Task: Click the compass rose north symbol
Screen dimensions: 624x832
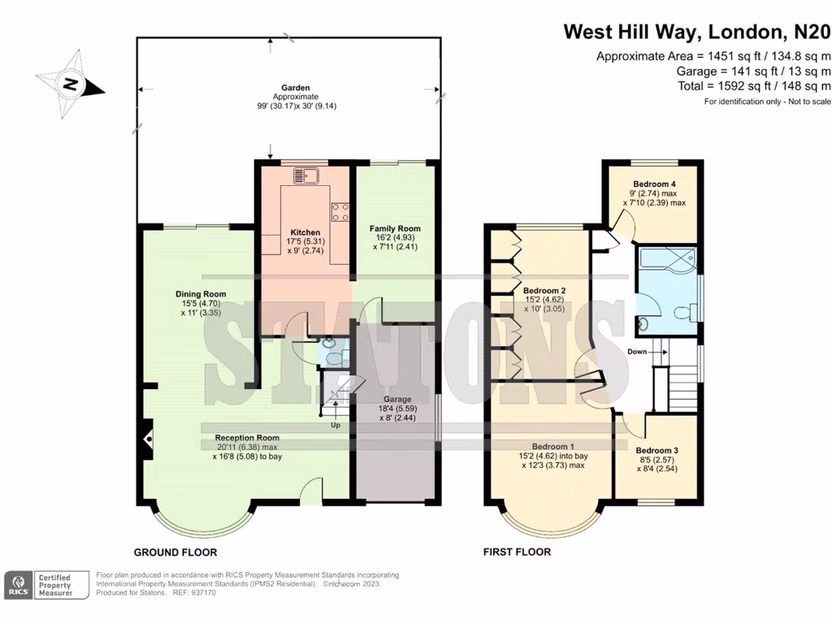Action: [71, 83]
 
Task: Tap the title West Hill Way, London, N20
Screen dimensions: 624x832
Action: [697, 32]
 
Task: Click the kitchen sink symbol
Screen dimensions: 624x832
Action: [305, 175]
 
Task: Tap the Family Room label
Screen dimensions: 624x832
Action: [395, 229]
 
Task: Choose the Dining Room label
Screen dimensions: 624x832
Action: [201, 294]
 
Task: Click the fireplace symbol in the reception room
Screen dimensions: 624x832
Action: [148, 439]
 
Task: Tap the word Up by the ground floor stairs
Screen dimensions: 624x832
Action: [335, 425]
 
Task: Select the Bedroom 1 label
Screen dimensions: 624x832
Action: [552, 447]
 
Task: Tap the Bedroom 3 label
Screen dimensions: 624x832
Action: [656, 451]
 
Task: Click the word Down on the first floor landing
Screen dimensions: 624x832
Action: [638, 352]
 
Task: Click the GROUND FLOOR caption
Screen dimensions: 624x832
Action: [175, 552]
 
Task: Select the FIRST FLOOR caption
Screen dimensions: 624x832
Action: [517, 552]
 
